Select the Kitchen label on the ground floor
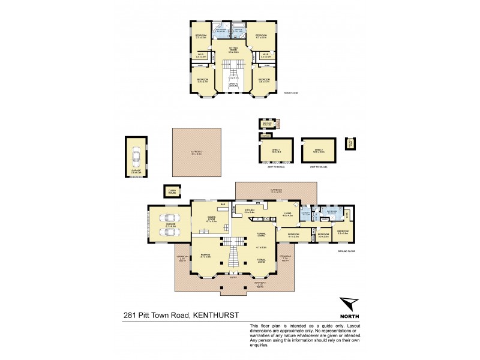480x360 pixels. [x=250, y=211]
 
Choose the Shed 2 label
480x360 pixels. [x=318, y=151]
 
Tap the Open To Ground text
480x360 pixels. [x=233, y=85]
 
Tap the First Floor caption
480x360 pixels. [x=291, y=93]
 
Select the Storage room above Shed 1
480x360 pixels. [x=265, y=136]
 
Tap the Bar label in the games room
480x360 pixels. [x=223, y=205]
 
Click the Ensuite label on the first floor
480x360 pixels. [x=238, y=28]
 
